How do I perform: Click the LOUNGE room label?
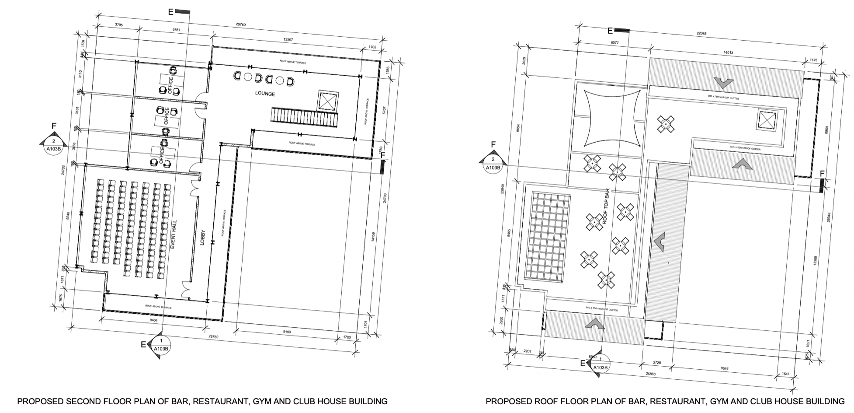tap(265, 94)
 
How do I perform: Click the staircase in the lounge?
tap(305, 117)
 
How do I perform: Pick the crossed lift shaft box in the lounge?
tap(328, 101)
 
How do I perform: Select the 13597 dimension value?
tap(288, 40)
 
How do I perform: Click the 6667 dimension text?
tap(177, 30)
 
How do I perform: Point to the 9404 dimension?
tap(154, 321)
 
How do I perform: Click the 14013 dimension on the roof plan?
tap(728, 52)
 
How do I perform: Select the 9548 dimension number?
tap(724, 368)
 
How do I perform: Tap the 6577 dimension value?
tap(614, 43)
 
